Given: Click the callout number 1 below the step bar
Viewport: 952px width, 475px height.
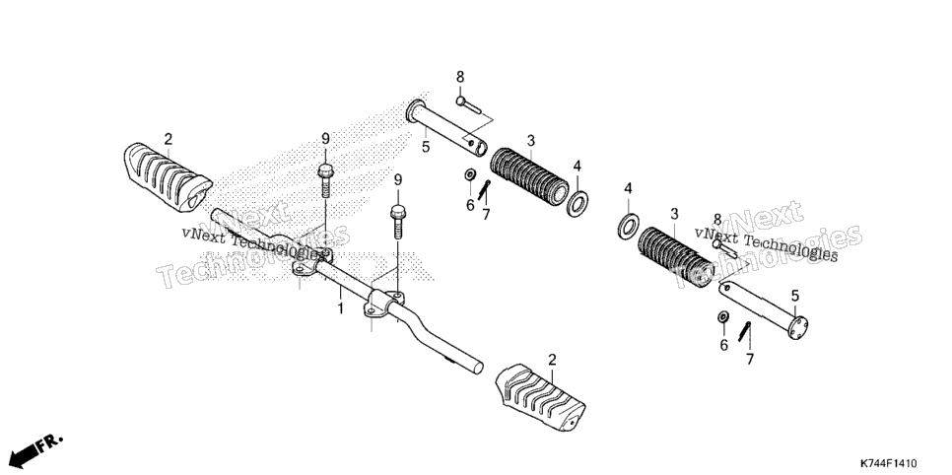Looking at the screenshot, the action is pos(341,308).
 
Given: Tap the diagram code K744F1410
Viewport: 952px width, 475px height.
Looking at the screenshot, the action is pos(887,463).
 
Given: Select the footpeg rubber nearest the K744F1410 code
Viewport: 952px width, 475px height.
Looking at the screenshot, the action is pos(540,398).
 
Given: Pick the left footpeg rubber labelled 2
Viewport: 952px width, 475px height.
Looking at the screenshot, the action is pos(168,177).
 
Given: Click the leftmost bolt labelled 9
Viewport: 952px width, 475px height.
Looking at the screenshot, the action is pos(325,181).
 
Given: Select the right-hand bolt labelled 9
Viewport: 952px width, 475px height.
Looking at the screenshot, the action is pos(398,223).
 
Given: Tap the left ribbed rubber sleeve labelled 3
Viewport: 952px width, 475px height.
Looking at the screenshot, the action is pos(529,176).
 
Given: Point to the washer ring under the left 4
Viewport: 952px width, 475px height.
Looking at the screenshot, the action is pos(578,203).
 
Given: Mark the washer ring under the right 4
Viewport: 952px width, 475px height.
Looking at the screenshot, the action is pos(628,226).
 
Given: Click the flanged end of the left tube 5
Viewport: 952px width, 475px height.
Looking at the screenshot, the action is pos(415,112).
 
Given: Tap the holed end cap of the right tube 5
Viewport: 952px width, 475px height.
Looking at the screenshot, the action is pos(799,326).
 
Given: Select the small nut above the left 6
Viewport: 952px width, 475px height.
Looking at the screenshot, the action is pos(469,175).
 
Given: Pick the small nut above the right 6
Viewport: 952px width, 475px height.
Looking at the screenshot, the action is pos(723,317).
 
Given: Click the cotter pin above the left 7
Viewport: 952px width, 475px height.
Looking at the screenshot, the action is pos(484,189).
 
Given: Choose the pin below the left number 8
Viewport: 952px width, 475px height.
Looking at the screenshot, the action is pos(468,104).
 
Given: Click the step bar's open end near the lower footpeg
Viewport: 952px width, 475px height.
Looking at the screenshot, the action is pos(478,367).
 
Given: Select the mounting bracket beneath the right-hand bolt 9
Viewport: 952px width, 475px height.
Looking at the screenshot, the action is pos(383,304).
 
